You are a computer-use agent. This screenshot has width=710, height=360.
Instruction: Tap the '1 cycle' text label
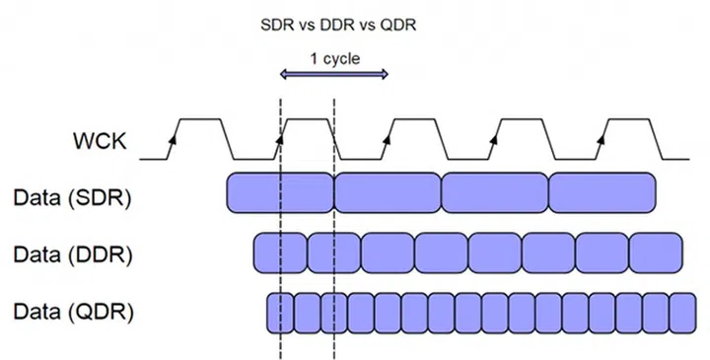tap(334, 58)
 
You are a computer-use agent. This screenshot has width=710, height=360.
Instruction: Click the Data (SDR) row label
tap(73, 196)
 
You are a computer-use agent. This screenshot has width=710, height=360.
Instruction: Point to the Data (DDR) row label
tap(73, 253)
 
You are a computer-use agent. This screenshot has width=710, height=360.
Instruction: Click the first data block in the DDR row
tap(280, 252)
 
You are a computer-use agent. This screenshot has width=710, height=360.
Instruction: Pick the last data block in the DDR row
tap(654, 252)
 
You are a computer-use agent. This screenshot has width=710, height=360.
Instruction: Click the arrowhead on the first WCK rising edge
tap(173, 141)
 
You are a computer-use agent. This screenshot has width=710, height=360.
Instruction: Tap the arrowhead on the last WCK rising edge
tap(601, 141)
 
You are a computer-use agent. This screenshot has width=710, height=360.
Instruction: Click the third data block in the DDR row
tap(388, 252)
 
